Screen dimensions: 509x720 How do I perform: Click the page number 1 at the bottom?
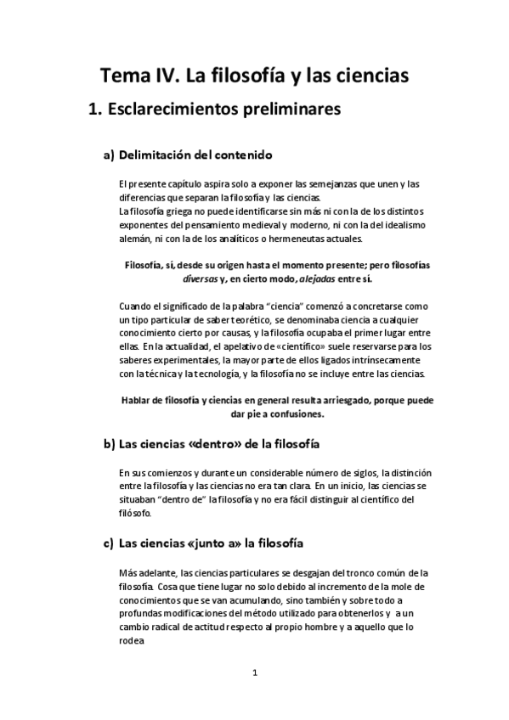(x=254, y=673)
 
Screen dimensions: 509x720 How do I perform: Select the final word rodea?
(x=133, y=641)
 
